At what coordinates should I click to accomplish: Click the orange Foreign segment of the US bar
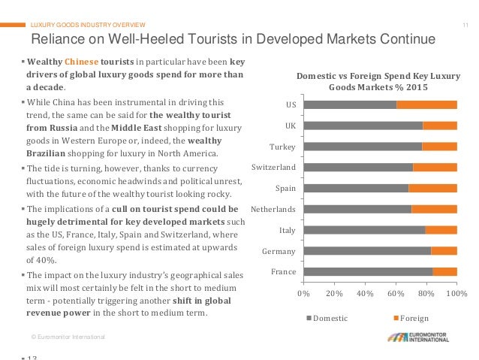(x=426, y=104)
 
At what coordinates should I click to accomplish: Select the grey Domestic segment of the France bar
(x=368, y=271)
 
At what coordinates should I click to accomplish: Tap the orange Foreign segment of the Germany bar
(x=444, y=250)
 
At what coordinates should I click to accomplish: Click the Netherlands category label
(x=273, y=208)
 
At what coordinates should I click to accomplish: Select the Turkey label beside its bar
(x=283, y=146)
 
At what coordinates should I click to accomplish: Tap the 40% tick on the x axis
(x=365, y=292)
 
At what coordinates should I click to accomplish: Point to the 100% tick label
(x=456, y=292)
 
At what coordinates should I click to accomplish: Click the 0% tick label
(x=304, y=292)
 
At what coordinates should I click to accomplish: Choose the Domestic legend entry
(x=327, y=318)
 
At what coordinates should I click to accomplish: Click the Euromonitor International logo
(x=418, y=337)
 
